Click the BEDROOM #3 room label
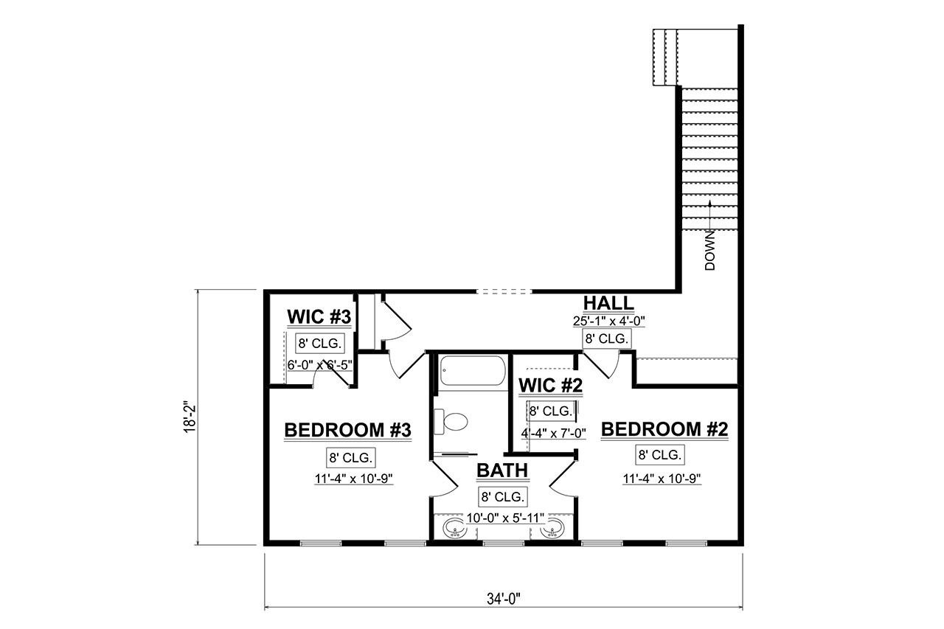(347, 430)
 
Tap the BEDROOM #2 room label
(664, 430)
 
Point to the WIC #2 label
(551, 385)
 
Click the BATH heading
(502, 470)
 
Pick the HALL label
(608, 303)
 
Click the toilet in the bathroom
(452, 422)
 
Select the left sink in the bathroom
(452, 528)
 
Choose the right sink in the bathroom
(554, 528)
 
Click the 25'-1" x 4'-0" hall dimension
(608, 321)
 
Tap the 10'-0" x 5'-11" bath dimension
(505, 519)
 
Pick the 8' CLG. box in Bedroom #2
(660, 454)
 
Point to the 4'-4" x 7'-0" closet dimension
(553, 434)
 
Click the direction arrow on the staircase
(710, 214)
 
